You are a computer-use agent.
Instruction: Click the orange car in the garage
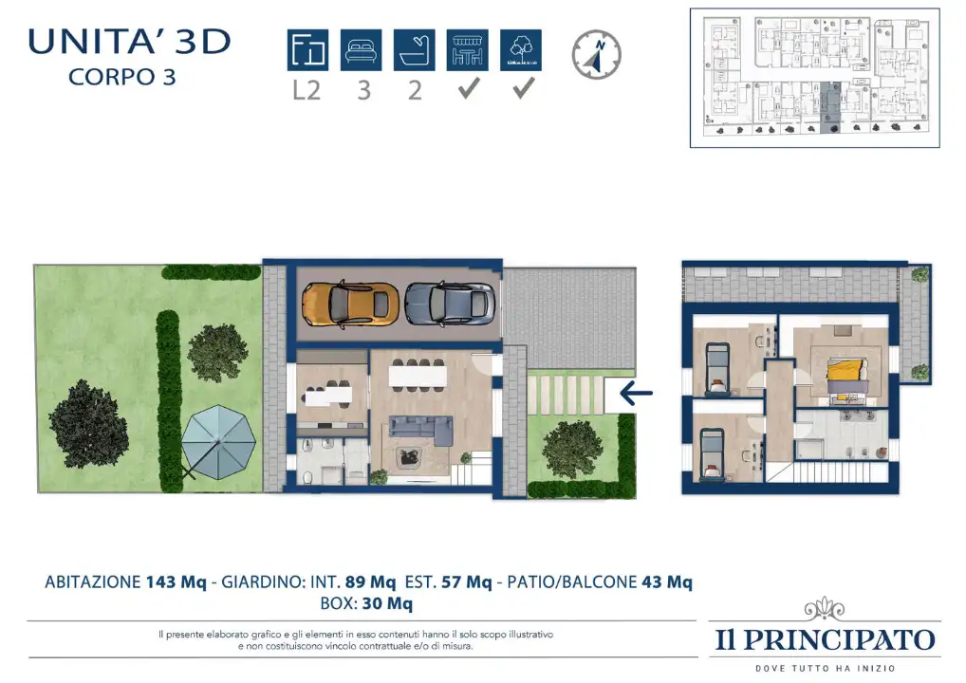click(350, 304)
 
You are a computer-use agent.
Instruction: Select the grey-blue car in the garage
click(450, 304)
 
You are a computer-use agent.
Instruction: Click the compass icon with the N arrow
click(596, 54)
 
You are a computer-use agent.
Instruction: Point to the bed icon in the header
click(361, 50)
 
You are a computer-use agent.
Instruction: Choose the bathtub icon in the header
click(414, 50)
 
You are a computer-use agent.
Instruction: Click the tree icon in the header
click(521, 50)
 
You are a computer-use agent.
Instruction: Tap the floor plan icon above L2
click(307, 50)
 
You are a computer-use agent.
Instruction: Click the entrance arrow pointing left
click(637, 393)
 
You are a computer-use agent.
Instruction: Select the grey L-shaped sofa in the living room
click(420, 430)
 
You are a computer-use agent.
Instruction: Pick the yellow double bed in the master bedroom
click(847, 377)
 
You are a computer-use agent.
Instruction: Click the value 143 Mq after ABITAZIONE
click(176, 582)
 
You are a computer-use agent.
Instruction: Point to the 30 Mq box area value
click(387, 603)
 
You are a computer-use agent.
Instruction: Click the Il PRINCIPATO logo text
click(825, 640)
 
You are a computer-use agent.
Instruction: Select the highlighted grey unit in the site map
click(831, 108)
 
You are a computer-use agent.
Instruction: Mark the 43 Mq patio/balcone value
click(667, 582)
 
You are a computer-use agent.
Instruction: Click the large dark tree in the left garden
click(88, 424)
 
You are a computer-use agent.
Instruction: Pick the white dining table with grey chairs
click(418, 375)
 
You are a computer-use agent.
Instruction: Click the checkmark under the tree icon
click(524, 88)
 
